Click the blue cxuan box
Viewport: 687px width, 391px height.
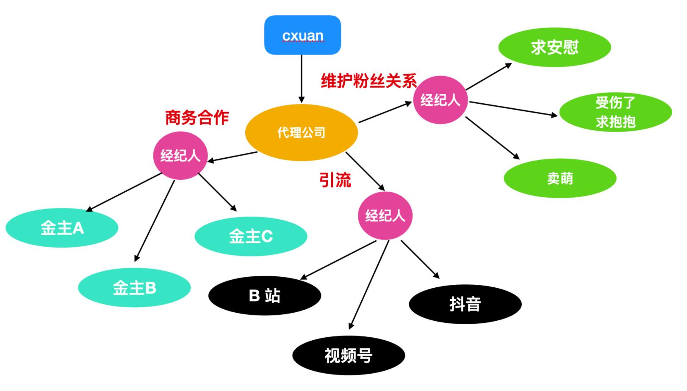302,35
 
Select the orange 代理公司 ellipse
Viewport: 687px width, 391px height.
301,132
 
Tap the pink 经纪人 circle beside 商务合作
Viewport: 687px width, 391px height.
180,156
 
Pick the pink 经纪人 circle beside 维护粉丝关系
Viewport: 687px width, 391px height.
440,100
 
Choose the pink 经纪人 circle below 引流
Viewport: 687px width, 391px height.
385,215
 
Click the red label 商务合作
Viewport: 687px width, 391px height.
197,118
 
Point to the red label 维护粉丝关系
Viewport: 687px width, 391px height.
368,80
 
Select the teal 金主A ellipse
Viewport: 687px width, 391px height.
62,229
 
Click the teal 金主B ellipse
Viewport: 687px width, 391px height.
134,288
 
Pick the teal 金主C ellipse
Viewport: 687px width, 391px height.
251,236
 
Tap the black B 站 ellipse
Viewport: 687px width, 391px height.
265,296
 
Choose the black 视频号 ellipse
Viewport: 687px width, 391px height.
348,355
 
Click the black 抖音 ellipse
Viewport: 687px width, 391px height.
465,304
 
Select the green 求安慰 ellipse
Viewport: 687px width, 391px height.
554,47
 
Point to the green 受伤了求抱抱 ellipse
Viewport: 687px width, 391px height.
615,112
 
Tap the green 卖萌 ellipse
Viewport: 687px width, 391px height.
560,178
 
